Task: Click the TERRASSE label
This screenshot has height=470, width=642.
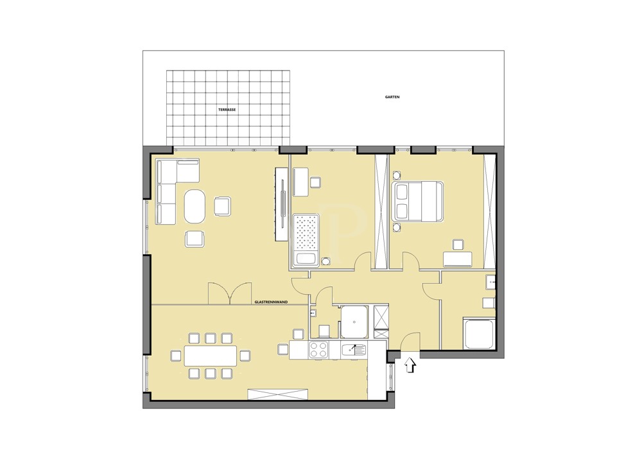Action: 227,110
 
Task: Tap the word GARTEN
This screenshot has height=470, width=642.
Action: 392,97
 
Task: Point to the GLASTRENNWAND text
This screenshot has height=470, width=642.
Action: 270,301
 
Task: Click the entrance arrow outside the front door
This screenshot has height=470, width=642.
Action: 410,365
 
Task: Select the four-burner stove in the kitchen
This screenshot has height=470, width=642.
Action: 318,350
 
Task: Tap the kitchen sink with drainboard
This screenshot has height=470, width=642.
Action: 354,350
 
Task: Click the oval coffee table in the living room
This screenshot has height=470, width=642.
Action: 195,205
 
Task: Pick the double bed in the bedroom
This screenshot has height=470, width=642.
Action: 417,202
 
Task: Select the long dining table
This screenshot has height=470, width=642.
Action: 210,355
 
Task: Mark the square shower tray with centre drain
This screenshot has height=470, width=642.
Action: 354,321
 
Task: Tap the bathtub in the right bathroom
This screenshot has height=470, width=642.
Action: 478,333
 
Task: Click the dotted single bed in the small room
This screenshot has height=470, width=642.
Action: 306,239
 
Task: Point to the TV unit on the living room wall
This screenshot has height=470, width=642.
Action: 282,204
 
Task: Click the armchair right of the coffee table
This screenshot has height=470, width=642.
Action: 222,206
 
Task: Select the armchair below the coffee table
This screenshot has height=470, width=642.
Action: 195,239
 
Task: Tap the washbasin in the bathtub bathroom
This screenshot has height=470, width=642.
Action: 490,281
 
